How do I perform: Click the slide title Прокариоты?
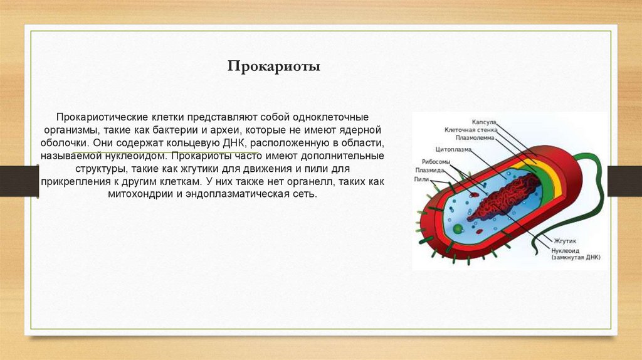pyautogui.click(x=273, y=66)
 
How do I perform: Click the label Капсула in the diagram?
pyautogui.click(x=484, y=122)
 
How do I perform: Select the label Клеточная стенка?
pyautogui.click(x=471, y=130)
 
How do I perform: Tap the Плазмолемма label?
pyautogui.click(x=475, y=137)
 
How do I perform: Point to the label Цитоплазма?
pyautogui.click(x=453, y=151)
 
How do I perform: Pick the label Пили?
pyautogui.click(x=421, y=178)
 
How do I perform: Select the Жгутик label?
pyautogui.click(x=564, y=240)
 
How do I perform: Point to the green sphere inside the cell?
pyautogui.click(x=460, y=228)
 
